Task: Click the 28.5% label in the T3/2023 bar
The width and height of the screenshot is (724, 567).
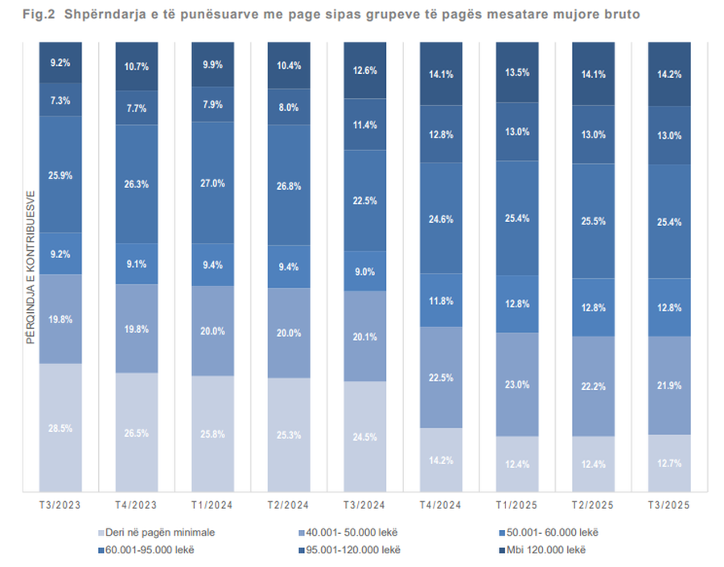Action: click(60, 429)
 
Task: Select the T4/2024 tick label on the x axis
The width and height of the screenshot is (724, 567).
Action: click(441, 505)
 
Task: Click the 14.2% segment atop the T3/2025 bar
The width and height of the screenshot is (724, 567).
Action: click(668, 75)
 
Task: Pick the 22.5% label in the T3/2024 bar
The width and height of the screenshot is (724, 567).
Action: click(364, 201)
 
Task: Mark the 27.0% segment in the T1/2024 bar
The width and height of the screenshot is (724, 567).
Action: click(212, 183)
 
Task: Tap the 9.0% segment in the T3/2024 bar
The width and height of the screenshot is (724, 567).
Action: click(364, 272)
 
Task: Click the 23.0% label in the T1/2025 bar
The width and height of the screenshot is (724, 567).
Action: click(516, 384)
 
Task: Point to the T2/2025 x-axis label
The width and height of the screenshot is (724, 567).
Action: click(593, 505)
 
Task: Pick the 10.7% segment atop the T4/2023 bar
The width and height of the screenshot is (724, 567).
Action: click(136, 67)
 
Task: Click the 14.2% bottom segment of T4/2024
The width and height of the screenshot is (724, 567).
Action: click(441, 461)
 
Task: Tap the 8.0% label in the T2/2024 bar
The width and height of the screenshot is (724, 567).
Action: click(289, 107)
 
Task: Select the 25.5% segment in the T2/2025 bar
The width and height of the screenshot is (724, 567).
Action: click(593, 221)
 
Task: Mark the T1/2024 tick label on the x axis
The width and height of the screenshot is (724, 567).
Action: click(212, 505)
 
